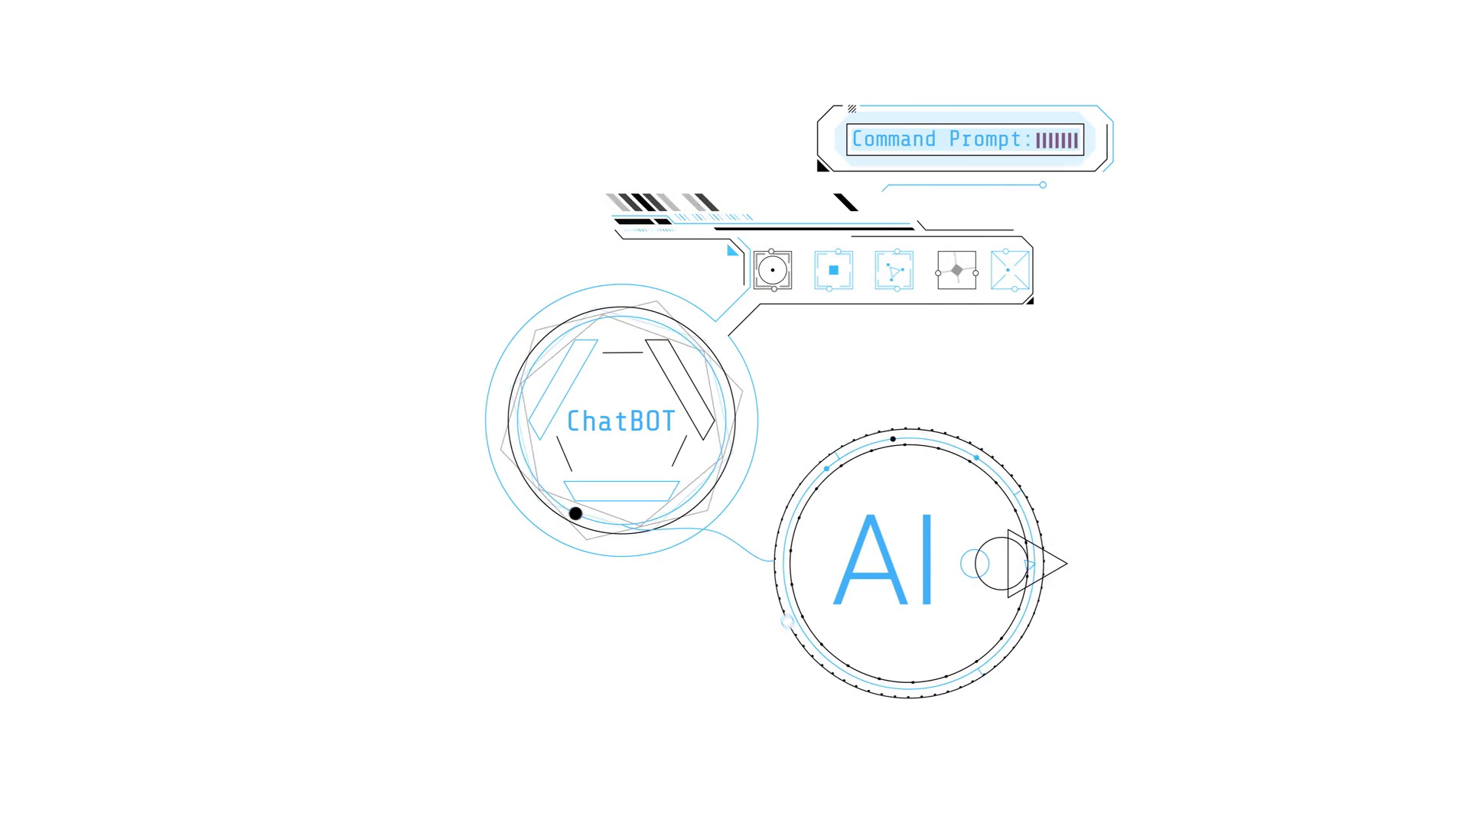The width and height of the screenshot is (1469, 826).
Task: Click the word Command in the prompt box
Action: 894,139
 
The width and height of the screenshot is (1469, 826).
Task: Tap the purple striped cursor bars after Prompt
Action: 1057,140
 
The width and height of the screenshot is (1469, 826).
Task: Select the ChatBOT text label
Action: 620,421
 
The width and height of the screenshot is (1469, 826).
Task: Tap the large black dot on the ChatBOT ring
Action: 575,514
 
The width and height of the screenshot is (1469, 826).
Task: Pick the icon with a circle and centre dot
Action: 773,270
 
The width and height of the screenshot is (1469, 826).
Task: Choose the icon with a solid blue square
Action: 834,270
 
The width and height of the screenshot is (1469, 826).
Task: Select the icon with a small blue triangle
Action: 894,270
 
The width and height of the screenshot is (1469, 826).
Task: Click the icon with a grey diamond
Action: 957,270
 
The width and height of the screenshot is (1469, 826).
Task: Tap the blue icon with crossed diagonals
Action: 1009,270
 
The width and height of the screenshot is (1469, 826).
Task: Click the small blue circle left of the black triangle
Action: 974,564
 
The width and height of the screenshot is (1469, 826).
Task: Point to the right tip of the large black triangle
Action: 1065,564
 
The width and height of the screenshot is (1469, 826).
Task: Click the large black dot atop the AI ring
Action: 893,439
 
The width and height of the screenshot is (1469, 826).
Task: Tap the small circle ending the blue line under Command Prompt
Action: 1043,185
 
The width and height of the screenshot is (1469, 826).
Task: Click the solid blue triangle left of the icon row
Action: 732,251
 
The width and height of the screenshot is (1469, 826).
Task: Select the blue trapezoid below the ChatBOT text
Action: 621,491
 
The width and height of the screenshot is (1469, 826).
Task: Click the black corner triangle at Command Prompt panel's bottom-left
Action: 822,166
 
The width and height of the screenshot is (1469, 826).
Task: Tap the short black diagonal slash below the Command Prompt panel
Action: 845,203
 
